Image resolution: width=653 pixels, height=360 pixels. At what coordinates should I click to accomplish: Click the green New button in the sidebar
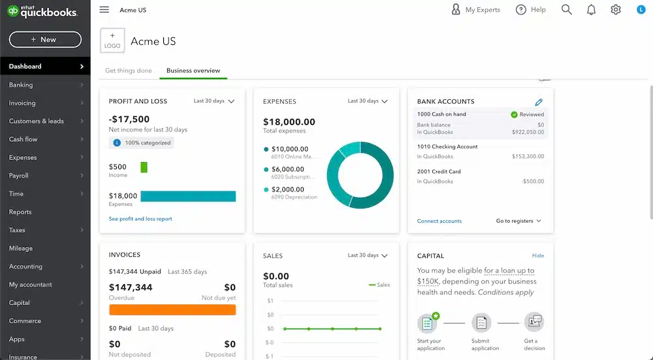point(45,39)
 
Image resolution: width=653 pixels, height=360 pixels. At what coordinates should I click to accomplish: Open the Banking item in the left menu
point(21,85)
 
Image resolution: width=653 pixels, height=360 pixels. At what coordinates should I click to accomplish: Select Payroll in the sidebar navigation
point(19,176)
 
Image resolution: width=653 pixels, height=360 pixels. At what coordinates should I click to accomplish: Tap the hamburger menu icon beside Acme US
point(104,10)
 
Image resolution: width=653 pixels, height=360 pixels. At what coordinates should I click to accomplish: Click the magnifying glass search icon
point(566,10)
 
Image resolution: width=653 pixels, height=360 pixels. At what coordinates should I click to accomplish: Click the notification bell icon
point(591,10)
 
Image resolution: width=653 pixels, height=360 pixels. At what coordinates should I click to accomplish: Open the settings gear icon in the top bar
point(616,10)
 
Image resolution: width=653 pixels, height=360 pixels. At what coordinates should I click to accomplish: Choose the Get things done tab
point(129,71)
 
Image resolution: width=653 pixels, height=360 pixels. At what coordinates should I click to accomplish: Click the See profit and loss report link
point(140,219)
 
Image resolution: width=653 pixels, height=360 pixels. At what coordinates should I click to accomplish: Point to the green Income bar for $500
point(144,167)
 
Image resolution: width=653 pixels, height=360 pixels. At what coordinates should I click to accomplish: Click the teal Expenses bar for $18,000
point(188,196)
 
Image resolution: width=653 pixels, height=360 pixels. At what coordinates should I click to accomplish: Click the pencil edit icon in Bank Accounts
point(539,102)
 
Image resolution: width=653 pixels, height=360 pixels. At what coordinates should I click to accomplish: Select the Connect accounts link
point(439,221)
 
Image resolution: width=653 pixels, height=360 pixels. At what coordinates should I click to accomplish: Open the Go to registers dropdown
point(518,221)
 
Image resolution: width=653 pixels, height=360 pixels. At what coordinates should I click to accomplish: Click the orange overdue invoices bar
point(172,310)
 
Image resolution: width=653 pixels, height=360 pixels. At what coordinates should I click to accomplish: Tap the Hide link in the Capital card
point(538,255)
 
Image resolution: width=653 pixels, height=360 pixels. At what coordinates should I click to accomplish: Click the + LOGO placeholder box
point(112,41)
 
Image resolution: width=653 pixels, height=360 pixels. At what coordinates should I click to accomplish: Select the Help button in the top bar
point(530,10)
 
